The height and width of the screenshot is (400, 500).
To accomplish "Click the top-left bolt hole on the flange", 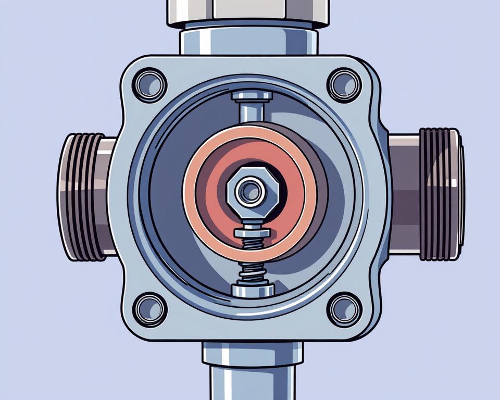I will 149,84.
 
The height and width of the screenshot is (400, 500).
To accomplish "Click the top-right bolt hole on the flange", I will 344,84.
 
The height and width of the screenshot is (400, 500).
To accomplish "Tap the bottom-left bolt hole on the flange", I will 149,309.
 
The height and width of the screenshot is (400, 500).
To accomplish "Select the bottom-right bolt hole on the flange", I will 344,309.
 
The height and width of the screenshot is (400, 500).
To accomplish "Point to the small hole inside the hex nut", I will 250,191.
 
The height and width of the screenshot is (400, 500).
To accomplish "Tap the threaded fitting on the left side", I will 83,197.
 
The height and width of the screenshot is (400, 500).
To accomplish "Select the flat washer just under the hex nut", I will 253,232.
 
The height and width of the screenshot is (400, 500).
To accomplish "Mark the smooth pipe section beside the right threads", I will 404,194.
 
